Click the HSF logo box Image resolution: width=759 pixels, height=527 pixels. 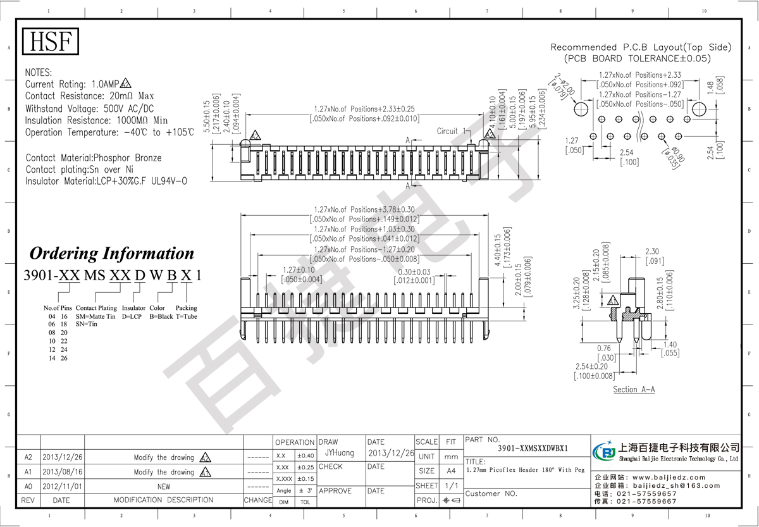click(51, 42)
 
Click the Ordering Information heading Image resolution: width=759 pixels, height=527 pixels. click(112, 254)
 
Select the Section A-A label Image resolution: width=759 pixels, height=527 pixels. click(634, 389)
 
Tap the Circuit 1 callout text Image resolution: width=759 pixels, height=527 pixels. click(450, 131)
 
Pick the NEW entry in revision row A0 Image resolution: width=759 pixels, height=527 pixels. click(163, 487)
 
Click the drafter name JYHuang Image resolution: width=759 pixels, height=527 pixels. click(339, 453)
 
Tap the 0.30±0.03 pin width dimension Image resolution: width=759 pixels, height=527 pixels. click(416, 273)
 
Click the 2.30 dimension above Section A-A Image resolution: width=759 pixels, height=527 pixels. click(653, 251)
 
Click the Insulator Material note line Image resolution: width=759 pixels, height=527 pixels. click(106, 181)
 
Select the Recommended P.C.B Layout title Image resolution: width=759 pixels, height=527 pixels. click(640, 47)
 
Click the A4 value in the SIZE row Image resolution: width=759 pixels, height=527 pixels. click(450, 471)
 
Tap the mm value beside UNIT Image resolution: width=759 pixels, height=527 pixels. click(450, 456)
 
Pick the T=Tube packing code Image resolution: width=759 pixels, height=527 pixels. click(186, 316)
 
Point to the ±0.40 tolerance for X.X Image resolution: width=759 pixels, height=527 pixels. click(305, 456)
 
